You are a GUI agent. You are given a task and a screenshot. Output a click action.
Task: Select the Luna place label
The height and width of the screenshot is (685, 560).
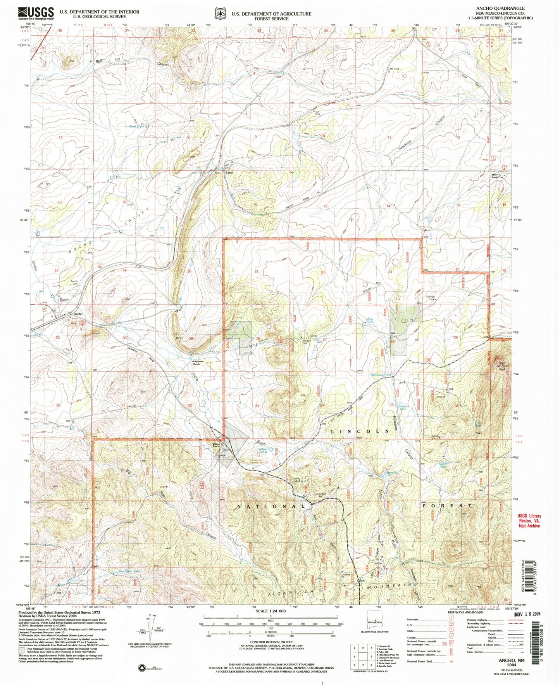coord(230,173)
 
